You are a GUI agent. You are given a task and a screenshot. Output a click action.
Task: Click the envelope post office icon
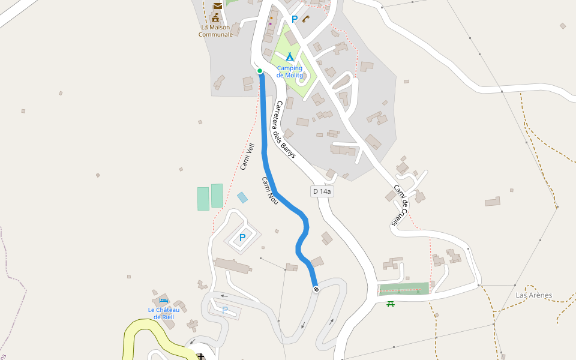click(217, 6)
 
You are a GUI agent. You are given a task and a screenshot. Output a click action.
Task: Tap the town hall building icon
click(215, 17)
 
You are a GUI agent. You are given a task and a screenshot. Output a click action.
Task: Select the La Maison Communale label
click(215, 31)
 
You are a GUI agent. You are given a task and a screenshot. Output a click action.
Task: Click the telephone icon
click(305, 19)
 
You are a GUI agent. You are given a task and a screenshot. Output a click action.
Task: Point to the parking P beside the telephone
click(294, 19)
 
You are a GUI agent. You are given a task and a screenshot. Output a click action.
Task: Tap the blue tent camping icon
click(289, 57)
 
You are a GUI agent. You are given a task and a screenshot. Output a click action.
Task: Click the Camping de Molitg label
click(289, 71)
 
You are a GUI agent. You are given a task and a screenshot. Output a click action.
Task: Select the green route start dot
click(260, 71)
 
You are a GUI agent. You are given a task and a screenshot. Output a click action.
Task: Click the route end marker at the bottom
click(316, 290)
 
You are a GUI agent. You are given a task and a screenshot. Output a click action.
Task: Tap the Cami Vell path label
click(247, 157)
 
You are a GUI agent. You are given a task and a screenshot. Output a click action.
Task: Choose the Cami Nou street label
click(270, 191)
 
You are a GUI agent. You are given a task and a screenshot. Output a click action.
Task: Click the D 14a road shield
click(322, 191)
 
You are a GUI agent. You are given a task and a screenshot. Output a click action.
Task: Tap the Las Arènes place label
click(533, 295)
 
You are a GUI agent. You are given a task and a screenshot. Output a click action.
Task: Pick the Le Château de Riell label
click(163, 313)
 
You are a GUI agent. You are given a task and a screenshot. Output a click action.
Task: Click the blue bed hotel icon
click(163, 301)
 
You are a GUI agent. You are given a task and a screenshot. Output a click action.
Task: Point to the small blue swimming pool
click(242, 197)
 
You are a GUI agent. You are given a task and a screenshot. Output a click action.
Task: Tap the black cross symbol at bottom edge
click(200, 356)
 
